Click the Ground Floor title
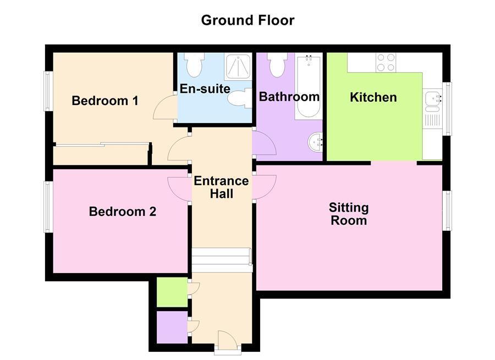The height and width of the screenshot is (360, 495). point(248,20)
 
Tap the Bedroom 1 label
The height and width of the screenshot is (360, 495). point(105,101)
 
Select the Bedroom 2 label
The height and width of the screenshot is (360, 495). point(123,211)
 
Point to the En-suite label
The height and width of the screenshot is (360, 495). point(205,88)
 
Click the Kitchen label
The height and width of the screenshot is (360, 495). point(373,97)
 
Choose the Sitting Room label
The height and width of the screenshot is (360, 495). point(349,214)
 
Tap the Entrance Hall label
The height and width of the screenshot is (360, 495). point(221,187)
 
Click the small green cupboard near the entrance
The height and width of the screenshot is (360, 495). point(172,292)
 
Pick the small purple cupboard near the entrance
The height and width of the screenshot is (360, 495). point(172,328)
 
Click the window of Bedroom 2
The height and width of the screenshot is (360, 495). point(48,207)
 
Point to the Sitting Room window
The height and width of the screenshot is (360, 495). point(448,211)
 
